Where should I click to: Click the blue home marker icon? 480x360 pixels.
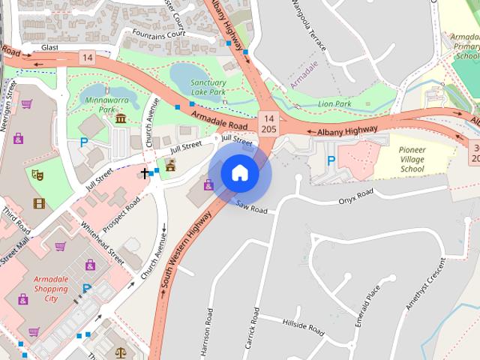tap(239, 173)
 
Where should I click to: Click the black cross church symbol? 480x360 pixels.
tap(145, 173)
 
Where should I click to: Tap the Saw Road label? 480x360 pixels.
tap(252, 207)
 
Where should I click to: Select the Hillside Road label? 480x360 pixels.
tap(303, 326)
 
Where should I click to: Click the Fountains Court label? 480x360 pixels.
tap(158, 34)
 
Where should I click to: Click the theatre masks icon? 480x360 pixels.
tap(37, 175)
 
